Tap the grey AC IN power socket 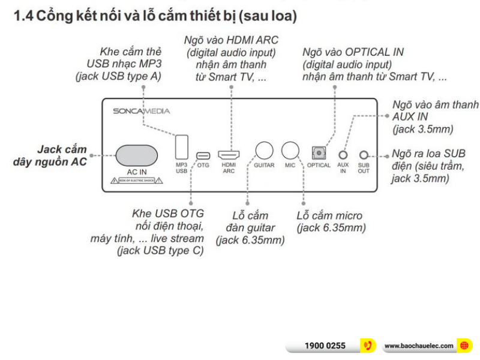(x=133, y=155)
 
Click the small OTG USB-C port (x=203, y=154)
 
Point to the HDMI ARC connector (x=229, y=154)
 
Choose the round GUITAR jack (x=264, y=151)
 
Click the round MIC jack (x=290, y=151)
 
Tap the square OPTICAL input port (x=318, y=153)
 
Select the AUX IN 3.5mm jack (x=343, y=154)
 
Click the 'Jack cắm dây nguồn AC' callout (x=53, y=155)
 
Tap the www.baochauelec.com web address (x=418, y=346)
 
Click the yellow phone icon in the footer (x=367, y=346)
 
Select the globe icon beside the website (x=464, y=346)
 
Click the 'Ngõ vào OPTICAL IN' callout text (x=353, y=52)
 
